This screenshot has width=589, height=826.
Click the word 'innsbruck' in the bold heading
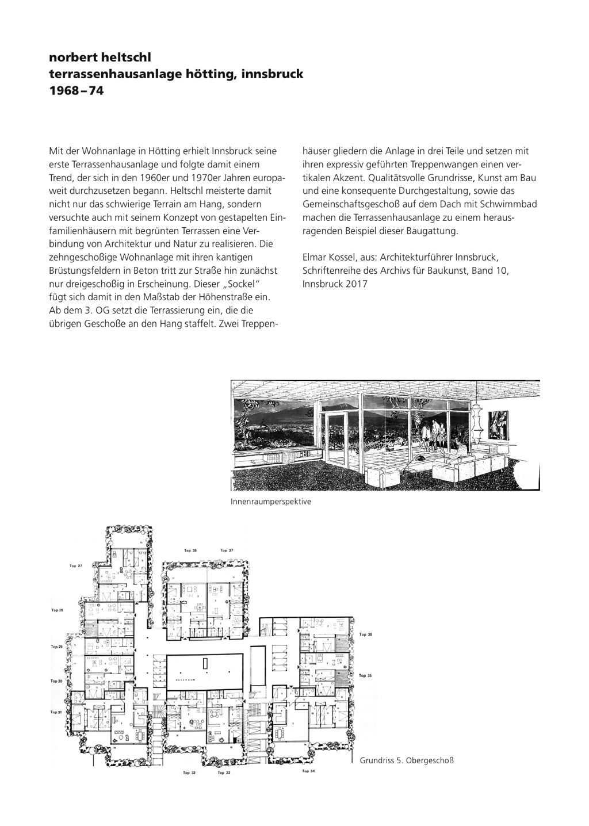pyautogui.click(x=270, y=74)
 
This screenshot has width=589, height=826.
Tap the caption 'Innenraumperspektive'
pyautogui.click(x=271, y=502)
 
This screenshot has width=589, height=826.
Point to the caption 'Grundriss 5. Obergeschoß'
pyautogui.click(x=407, y=760)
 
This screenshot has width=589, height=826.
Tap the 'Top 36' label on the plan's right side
pyautogui.click(x=366, y=634)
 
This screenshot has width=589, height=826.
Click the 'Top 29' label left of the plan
pyautogui.click(x=56, y=647)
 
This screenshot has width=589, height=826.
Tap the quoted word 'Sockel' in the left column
pyautogui.click(x=244, y=284)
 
